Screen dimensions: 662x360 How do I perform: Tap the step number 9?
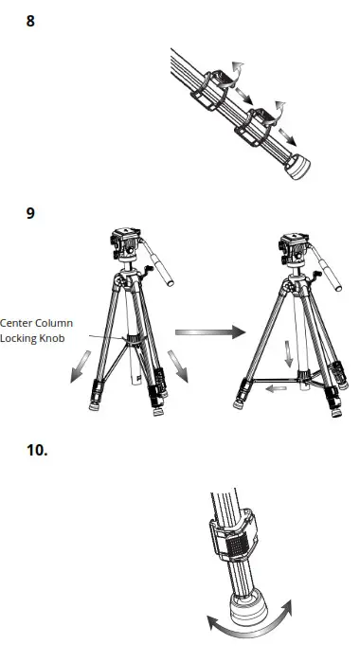[30, 213]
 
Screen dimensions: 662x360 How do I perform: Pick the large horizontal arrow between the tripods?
[208, 332]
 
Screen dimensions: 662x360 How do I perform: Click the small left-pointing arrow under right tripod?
[276, 387]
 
